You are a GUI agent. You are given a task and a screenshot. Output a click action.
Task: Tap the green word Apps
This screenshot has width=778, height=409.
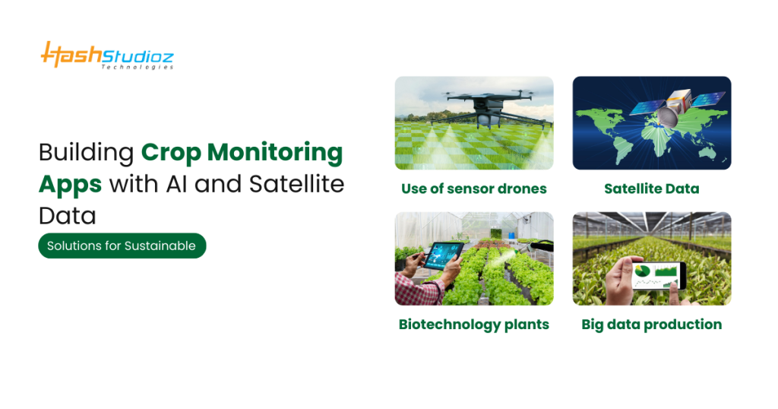[x=70, y=184]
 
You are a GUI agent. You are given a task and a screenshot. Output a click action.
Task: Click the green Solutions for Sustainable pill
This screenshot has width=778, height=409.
[x=122, y=246]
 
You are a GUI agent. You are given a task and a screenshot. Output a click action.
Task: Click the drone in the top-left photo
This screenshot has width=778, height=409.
[x=474, y=106]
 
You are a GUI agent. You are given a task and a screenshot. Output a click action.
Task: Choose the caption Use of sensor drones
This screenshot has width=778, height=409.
[x=474, y=189]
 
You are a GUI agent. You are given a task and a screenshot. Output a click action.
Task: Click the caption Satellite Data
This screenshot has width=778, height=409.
[x=651, y=189]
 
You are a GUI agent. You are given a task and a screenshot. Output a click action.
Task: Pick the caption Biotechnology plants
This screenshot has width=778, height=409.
[x=473, y=325]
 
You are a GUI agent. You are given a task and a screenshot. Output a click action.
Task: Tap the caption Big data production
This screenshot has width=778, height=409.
[x=651, y=325]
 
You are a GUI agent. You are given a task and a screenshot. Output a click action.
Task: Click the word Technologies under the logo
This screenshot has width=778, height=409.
[x=137, y=67]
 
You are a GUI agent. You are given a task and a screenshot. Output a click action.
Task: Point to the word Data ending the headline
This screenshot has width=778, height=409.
[x=68, y=216]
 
